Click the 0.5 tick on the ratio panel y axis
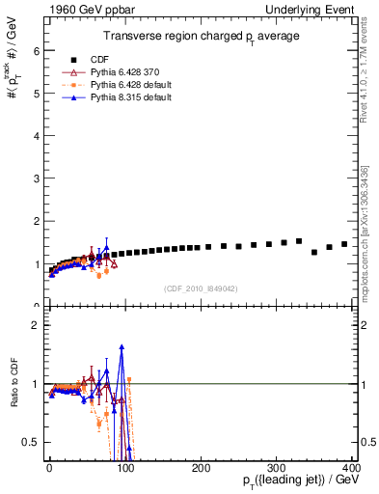(33, 442)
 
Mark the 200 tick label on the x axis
(201, 468)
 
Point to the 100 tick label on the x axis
(124, 468)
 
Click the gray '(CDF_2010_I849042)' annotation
(201, 288)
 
